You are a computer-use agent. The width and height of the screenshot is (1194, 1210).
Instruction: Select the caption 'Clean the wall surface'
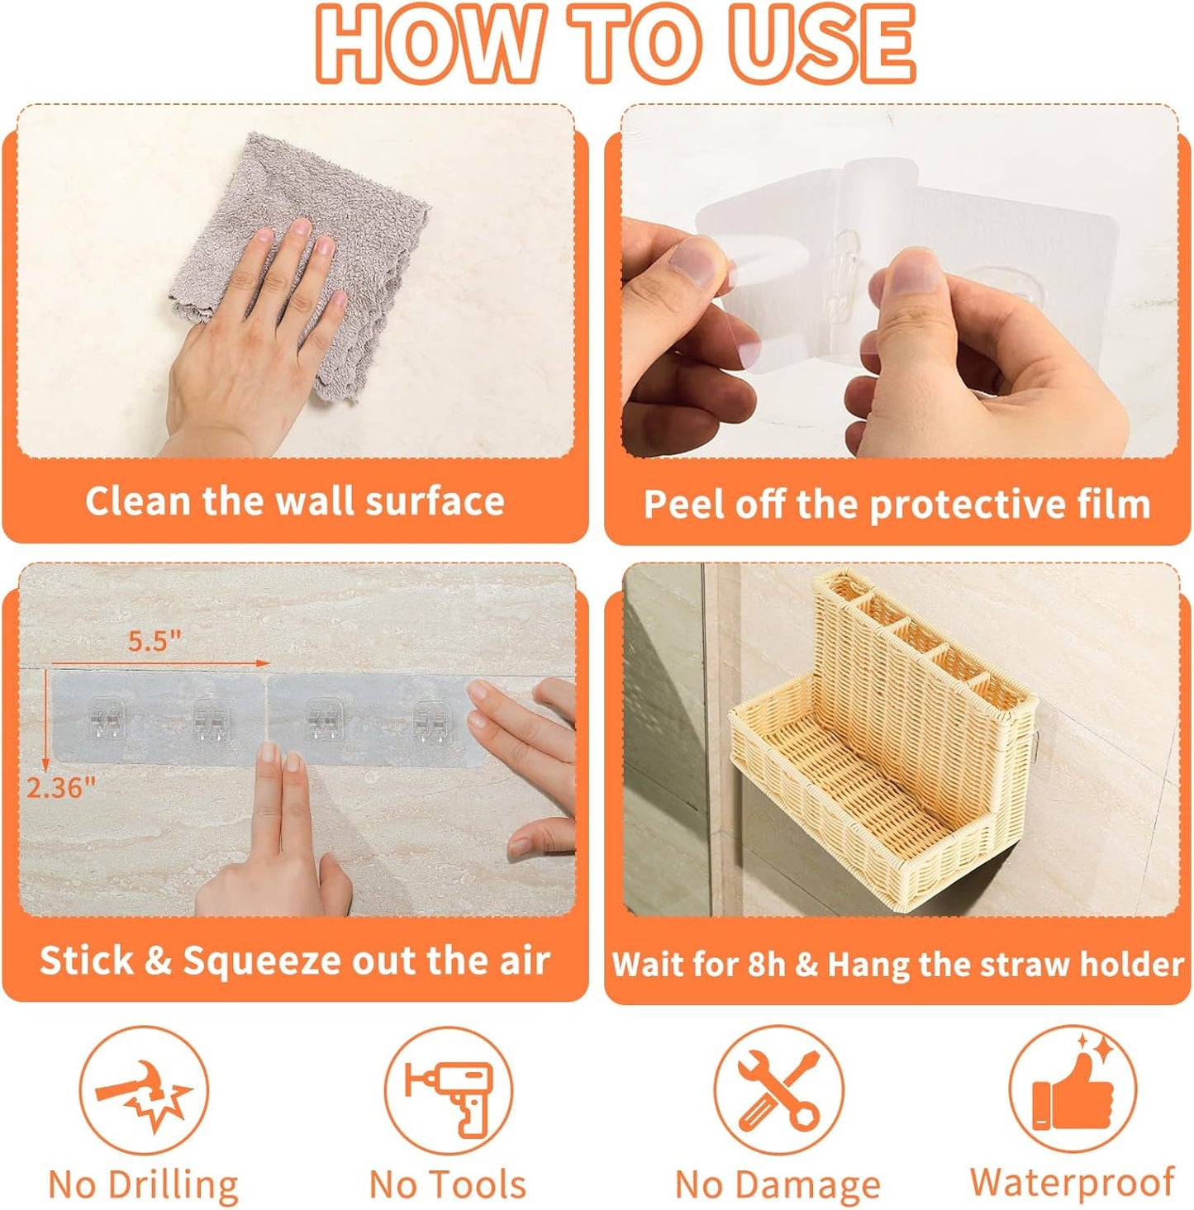tap(295, 501)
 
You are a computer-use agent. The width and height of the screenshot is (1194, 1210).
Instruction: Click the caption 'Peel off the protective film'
tap(897, 504)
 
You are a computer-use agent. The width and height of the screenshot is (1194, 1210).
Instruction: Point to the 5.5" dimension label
tap(155, 641)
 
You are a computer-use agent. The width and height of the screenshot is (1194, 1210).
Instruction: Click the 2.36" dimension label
tap(62, 787)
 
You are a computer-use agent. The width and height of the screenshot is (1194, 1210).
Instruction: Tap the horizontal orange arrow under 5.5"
tap(161, 662)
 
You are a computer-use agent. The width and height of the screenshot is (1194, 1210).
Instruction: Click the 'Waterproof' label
tap(1073, 1181)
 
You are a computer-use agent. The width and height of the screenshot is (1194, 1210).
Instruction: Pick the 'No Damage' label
tap(778, 1184)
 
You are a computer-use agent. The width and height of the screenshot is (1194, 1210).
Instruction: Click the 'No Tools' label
tap(447, 1184)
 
